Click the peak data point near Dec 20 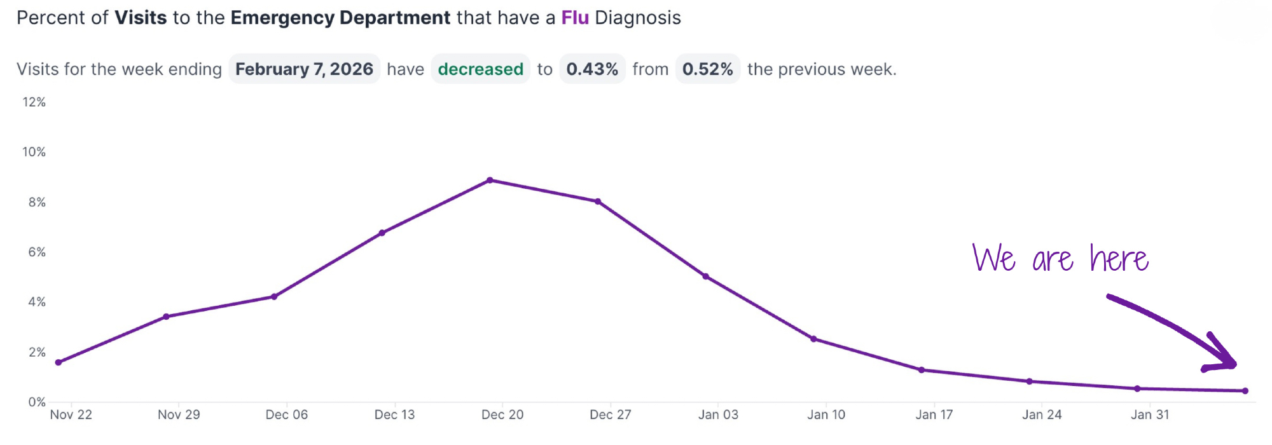[490, 181]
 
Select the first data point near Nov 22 [59, 362]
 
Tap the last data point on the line [1245, 391]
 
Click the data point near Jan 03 [706, 277]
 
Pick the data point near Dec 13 [382, 233]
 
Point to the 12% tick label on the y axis [34, 102]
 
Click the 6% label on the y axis [37, 252]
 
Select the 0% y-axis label [37, 402]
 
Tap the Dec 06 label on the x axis [286, 415]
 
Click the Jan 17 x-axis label [934, 415]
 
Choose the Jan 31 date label [1150, 415]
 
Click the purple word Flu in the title [575, 18]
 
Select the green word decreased [480, 69]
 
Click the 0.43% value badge [592, 69]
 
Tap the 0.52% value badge [707, 69]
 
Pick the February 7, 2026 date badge [304, 69]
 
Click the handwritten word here [1119, 259]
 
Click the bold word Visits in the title [141, 18]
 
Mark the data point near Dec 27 [598, 202]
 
